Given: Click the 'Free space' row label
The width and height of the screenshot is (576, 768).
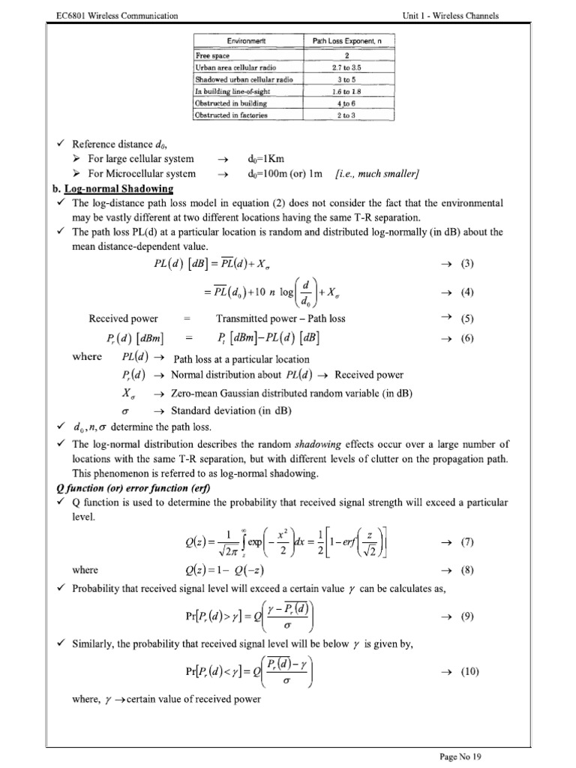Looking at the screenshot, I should coord(213,56).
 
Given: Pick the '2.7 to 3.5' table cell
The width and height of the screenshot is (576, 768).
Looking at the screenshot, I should coord(347,67).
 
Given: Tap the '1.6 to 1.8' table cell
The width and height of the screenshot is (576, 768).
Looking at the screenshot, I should coord(347,91).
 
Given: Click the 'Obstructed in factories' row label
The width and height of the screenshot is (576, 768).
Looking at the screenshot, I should coord(231,115).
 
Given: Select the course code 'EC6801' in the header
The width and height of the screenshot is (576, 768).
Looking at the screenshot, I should coord(64,15).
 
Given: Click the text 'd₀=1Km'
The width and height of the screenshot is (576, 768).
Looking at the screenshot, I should coord(268,159).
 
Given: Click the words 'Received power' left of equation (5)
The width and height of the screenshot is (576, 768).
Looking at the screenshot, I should coord(123,318).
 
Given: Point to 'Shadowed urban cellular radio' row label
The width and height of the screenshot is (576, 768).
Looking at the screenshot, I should coord(244,79).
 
